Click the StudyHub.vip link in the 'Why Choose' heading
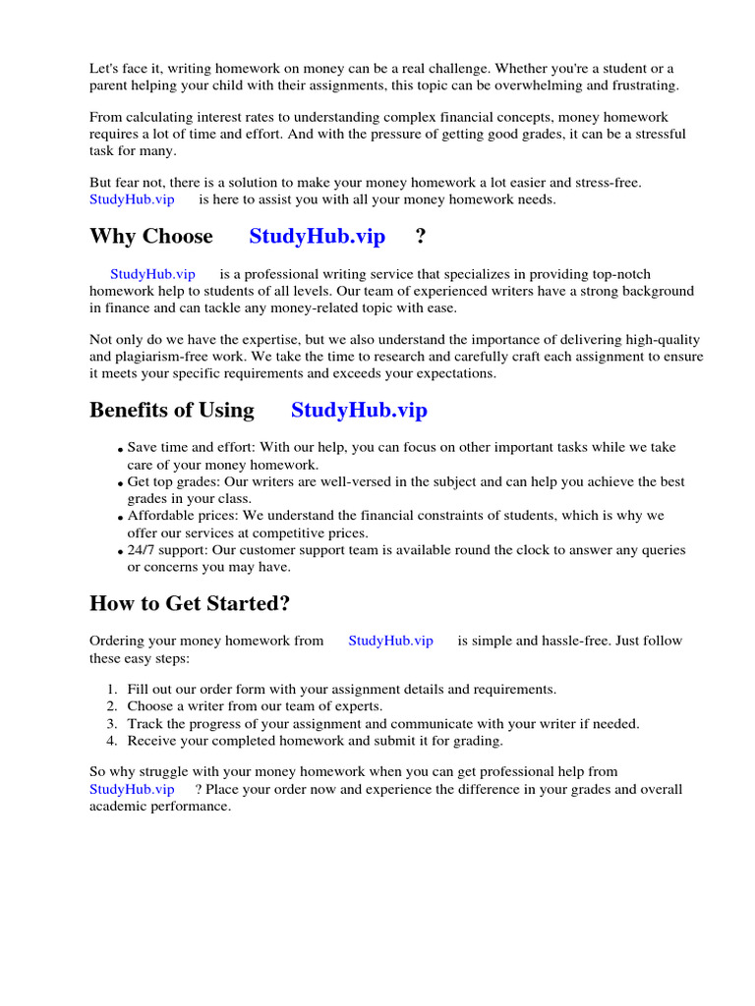[x=317, y=237]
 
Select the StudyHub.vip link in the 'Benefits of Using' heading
[x=359, y=411]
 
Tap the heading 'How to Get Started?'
[x=190, y=602]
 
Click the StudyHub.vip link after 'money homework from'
[x=390, y=641]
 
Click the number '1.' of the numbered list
[x=112, y=690]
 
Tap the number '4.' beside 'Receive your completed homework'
[x=112, y=741]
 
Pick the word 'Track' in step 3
[x=145, y=724]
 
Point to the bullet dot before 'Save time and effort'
[x=121, y=450]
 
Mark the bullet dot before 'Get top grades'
[x=121, y=484]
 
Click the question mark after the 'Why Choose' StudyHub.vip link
[x=421, y=237]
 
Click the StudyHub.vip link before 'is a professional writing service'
[x=152, y=274]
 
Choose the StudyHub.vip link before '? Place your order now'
[x=132, y=789]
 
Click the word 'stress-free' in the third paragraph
[x=604, y=183]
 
